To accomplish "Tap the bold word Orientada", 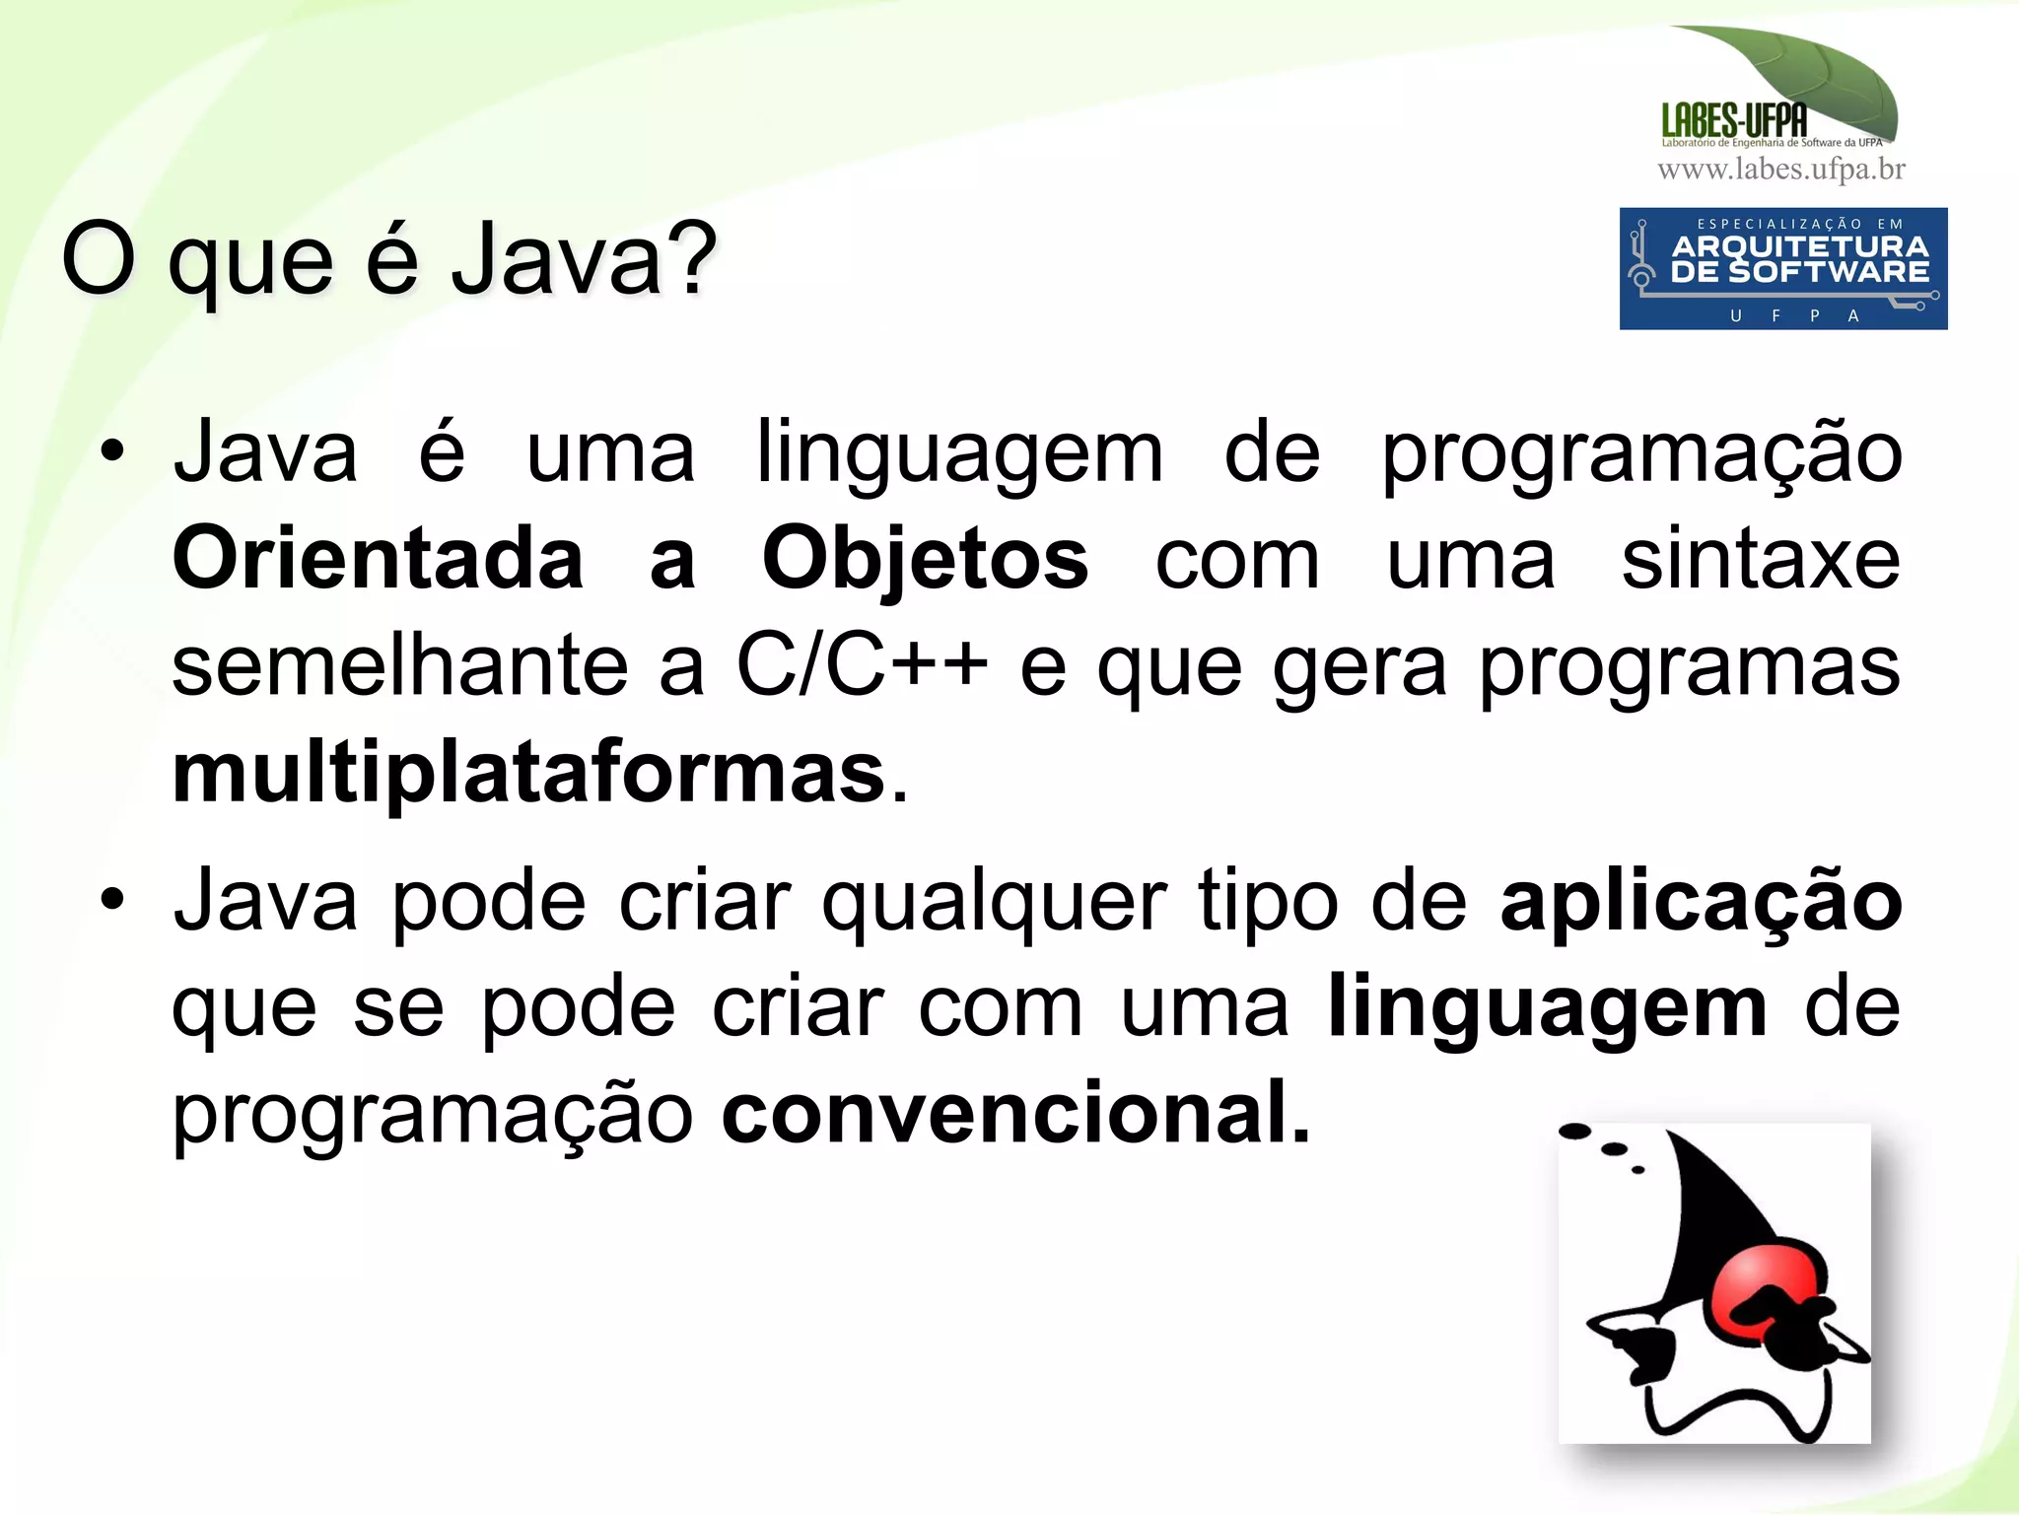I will pos(379,559).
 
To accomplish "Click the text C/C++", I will pos(862,664).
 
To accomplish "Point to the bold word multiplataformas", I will pos(528,773).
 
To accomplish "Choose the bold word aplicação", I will pos(1701,902).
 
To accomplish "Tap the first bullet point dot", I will pos(112,451).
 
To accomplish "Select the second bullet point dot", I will pos(112,898).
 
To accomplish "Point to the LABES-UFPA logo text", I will pos(1734,121).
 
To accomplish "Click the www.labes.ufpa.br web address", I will pos(1780,170).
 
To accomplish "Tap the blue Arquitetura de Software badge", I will pos(1782,268).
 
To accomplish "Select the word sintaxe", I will pos(1761,559).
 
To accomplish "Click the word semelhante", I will pos(400,664).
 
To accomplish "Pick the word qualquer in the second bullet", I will pos(994,902).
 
